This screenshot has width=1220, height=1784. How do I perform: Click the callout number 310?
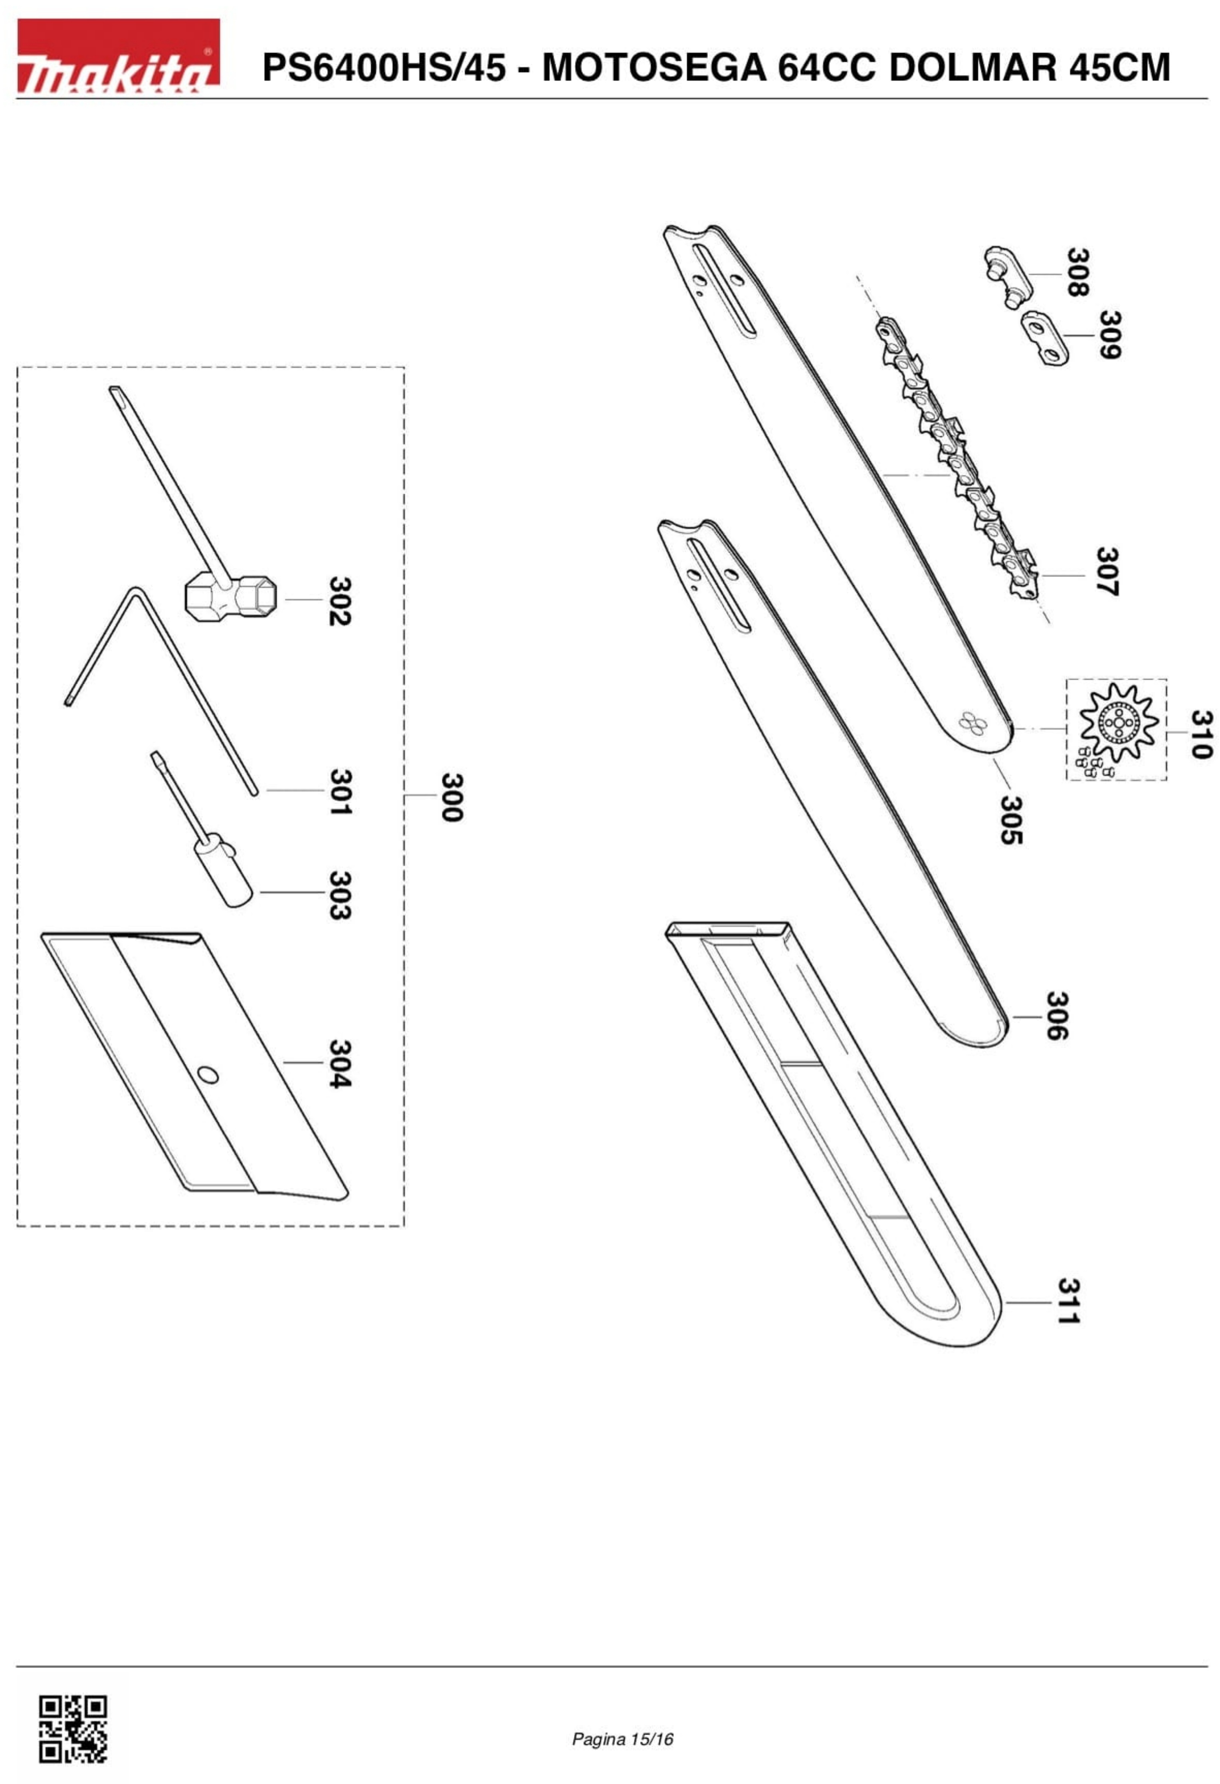(x=1202, y=733)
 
